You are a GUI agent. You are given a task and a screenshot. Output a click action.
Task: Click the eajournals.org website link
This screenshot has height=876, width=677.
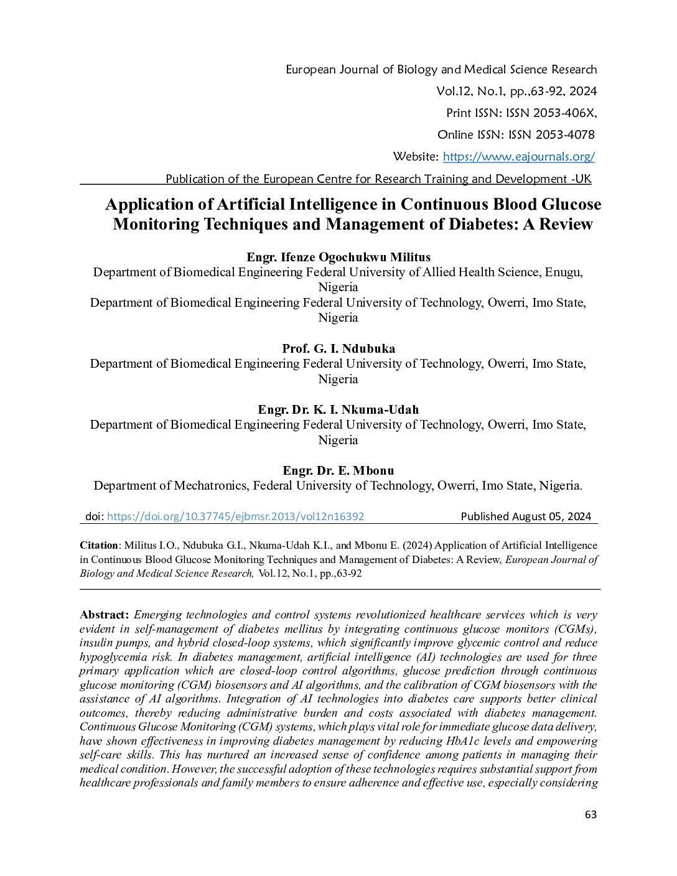pos(518,157)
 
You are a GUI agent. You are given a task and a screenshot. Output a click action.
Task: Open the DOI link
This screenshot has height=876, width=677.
pos(235,516)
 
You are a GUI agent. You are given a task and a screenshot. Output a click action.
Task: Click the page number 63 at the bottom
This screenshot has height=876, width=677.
pos(591,814)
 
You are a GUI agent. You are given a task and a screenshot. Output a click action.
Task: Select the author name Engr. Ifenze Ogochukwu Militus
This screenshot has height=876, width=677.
pos(338,257)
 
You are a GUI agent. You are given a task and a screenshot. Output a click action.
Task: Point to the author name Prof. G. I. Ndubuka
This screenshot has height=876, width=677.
pos(338,348)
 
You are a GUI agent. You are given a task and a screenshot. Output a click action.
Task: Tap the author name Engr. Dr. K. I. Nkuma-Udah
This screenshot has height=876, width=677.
pos(338,409)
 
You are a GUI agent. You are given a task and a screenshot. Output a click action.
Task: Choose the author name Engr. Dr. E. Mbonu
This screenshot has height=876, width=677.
pos(338,470)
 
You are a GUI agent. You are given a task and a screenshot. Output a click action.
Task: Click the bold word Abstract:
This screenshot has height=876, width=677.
pos(105,615)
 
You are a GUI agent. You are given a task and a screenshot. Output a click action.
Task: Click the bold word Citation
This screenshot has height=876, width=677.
pos(98,546)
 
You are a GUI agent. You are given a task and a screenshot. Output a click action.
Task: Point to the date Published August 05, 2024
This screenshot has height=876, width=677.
pos(526,516)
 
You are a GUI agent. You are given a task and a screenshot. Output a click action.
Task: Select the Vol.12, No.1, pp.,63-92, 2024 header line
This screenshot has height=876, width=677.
pos(516,91)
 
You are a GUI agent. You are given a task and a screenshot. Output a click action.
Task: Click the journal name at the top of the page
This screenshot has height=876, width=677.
pos(441,70)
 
